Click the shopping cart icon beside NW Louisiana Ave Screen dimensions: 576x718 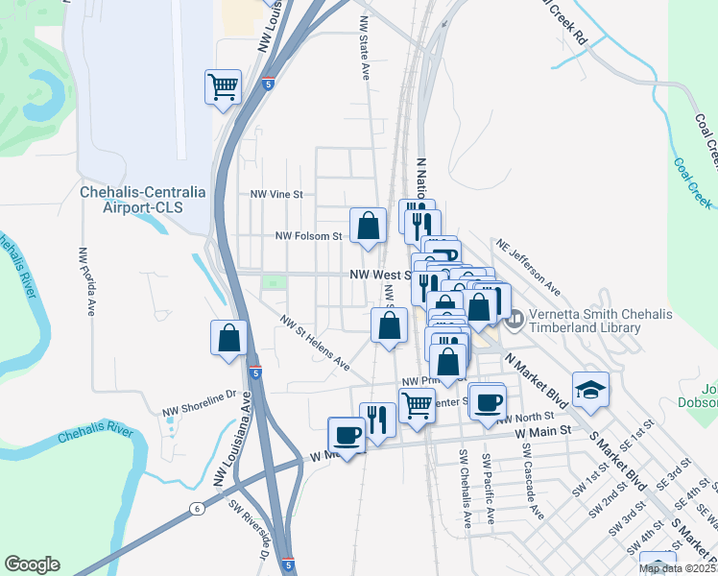tap(223, 87)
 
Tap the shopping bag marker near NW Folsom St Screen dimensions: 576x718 tap(368, 227)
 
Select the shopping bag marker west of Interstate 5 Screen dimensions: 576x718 tap(228, 338)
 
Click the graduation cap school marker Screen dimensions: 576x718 tap(590, 390)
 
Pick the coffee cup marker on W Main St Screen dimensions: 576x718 tap(347, 435)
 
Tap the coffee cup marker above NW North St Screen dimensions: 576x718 tap(488, 400)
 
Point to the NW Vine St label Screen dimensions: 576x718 tap(276, 194)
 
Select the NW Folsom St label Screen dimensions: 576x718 tap(308, 235)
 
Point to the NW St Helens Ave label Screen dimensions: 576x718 tap(315, 342)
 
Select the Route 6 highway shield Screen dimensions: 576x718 tap(196, 508)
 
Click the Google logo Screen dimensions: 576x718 tap(33, 564)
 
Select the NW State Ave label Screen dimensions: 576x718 tap(365, 47)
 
